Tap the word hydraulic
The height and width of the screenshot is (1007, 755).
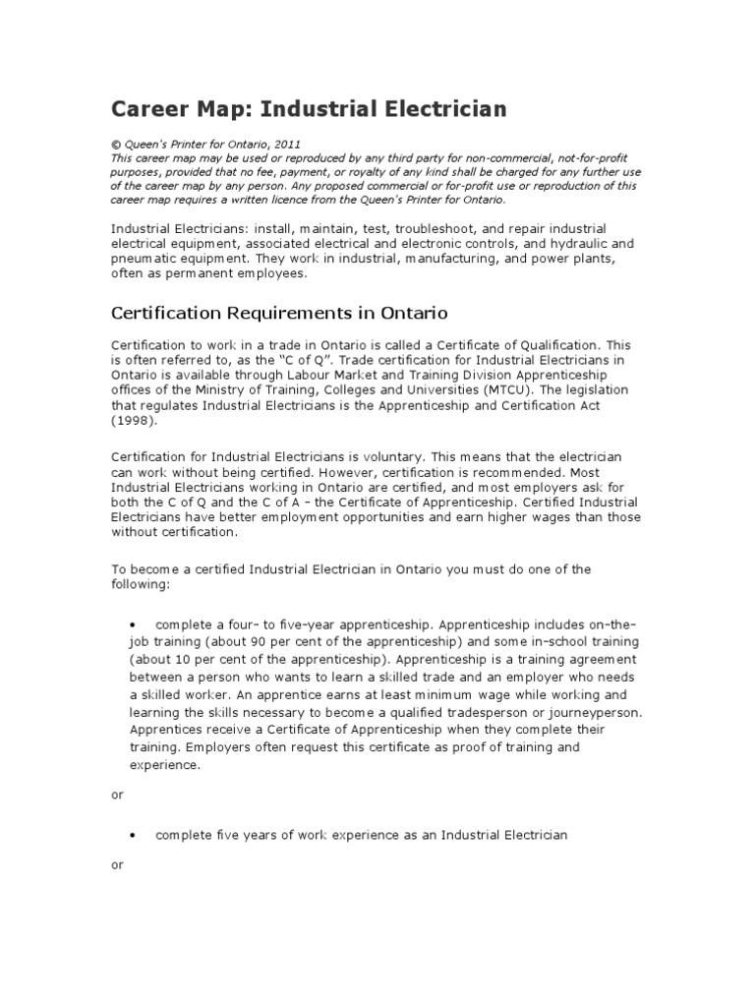click(x=569, y=243)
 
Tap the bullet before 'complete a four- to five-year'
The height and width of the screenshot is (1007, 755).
click(x=133, y=624)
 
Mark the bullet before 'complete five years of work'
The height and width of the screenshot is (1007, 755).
click(x=133, y=836)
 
